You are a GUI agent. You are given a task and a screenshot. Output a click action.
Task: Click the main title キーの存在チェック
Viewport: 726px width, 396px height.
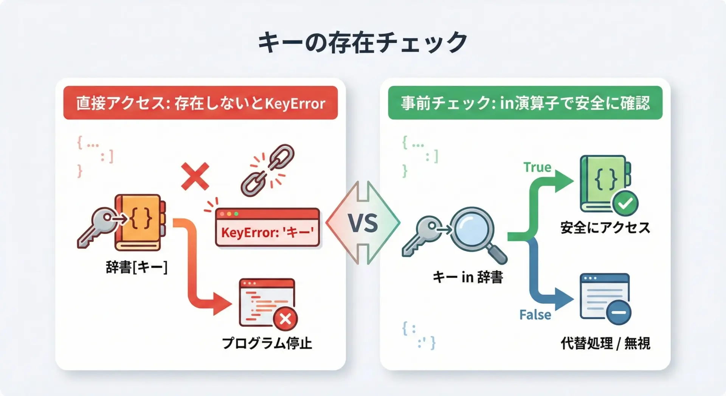click(363, 42)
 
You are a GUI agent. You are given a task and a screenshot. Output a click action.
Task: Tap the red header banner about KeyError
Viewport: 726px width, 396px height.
click(200, 103)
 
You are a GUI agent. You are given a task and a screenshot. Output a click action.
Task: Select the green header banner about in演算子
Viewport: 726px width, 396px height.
click(525, 103)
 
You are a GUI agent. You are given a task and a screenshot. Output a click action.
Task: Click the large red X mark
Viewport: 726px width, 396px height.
click(195, 176)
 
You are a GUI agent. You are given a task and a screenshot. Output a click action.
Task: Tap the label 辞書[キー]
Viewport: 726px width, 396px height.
click(137, 267)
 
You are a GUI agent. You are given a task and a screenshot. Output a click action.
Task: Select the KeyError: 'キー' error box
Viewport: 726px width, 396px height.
click(268, 228)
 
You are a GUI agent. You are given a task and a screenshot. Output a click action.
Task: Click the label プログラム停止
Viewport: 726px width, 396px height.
click(267, 343)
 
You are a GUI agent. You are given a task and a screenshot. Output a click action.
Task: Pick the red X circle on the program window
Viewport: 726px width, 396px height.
click(285, 319)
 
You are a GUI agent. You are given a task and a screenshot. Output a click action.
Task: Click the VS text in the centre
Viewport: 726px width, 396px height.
click(363, 223)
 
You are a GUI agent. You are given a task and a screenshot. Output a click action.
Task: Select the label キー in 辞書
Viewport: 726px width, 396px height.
click(468, 277)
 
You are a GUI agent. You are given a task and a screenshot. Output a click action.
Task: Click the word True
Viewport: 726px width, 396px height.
click(537, 167)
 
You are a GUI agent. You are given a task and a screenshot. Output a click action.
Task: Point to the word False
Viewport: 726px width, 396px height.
click(535, 315)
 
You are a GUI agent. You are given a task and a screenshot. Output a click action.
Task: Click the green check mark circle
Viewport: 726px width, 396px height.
click(625, 203)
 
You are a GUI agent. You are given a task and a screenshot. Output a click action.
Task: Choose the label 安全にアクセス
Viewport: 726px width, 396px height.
click(605, 228)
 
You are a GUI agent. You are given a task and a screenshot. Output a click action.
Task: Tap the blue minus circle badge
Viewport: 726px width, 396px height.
click(619, 312)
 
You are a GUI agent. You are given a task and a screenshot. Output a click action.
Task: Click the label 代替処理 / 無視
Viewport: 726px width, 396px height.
click(605, 343)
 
